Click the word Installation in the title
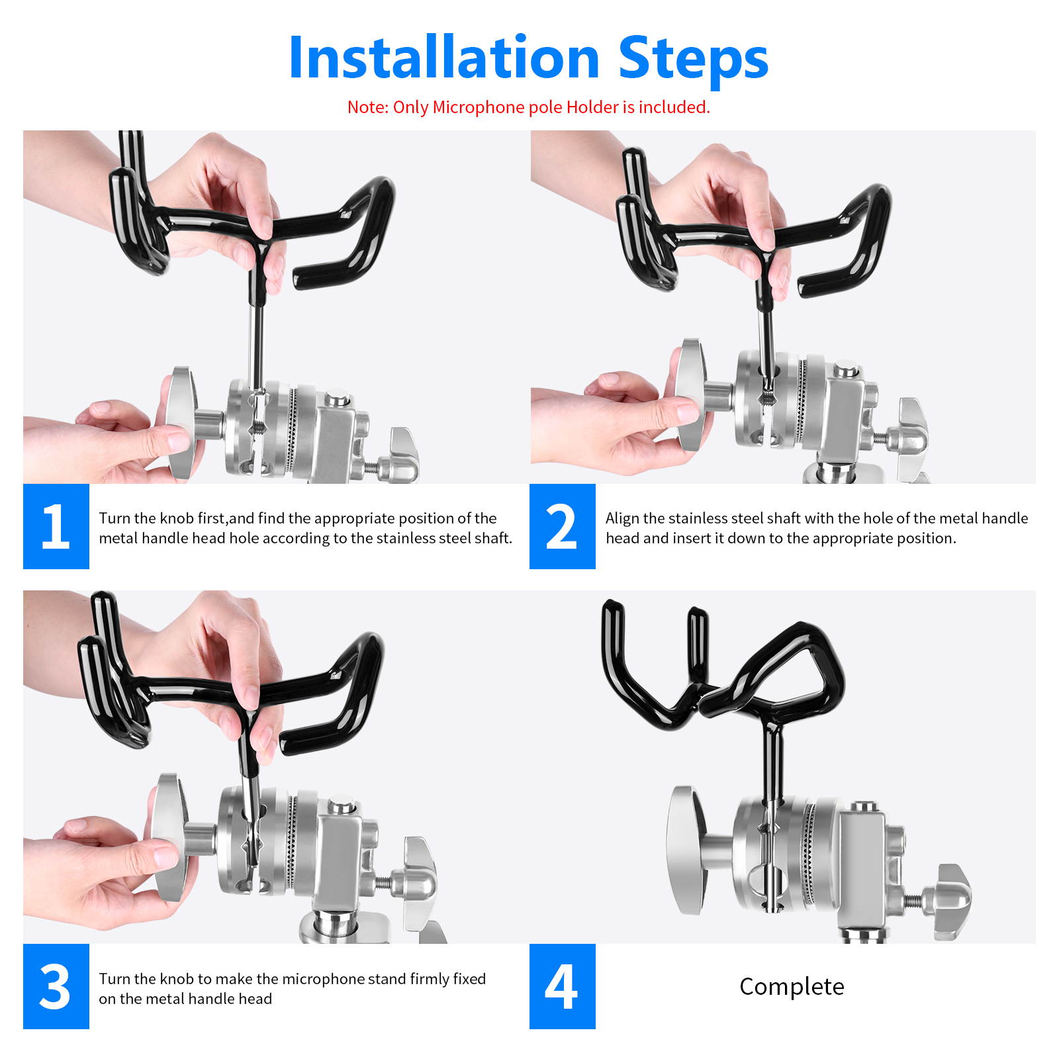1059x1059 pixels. [x=443, y=58]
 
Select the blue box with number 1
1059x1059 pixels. [x=56, y=526]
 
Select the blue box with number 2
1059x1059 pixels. [x=562, y=526]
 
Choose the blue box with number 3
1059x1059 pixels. [x=56, y=986]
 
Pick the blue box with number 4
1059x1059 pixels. [x=562, y=986]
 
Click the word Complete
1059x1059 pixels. [x=792, y=987]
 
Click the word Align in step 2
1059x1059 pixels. [x=622, y=518]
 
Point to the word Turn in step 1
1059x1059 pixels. [x=115, y=518]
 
